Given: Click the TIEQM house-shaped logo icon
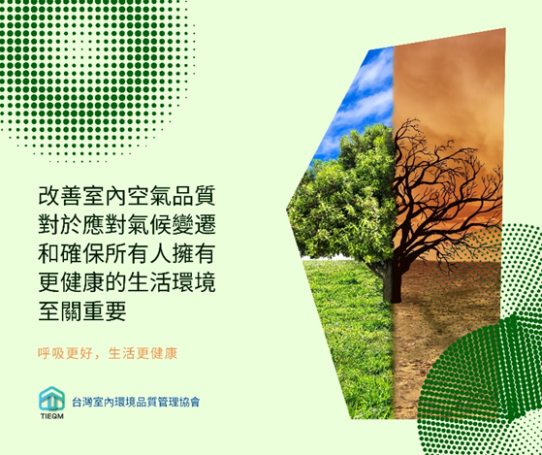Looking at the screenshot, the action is pyautogui.click(x=51, y=399).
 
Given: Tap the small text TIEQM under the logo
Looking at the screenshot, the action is pyautogui.click(x=51, y=416).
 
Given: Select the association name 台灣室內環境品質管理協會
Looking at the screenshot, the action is pyautogui.click(x=136, y=402).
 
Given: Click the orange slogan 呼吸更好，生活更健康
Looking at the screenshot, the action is pyautogui.click(x=108, y=353).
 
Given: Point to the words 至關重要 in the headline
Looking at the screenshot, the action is pyautogui.click(x=82, y=311).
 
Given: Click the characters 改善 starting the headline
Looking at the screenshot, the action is pyautogui.click(x=60, y=195).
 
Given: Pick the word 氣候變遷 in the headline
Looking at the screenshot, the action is pyautogui.click(x=172, y=224).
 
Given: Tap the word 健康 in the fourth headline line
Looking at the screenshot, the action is pyautogui.click(x=82, y=282).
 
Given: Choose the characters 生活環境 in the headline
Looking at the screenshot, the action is pyautogui.click(x=172, y=282).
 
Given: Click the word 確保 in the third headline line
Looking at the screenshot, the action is pyautogui.click(x=82, y=253).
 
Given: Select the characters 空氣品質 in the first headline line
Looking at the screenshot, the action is pyautogui.click(x=172, y=195).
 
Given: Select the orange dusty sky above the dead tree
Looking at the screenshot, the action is pyautogui.click(x=449, y=80).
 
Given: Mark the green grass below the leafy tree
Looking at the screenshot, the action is pyautogui.click(x=349, y=339).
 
